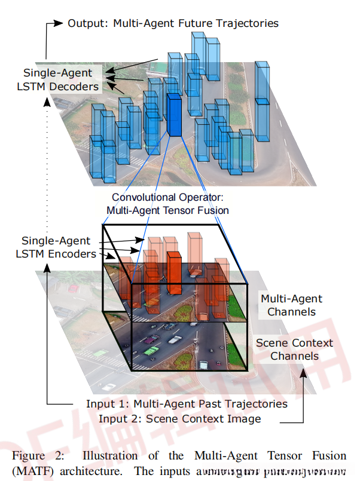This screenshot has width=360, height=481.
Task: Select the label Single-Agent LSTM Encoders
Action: click(56, 247)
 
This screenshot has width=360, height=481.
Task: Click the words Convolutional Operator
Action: click(167, 197)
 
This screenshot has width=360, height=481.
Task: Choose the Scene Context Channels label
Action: click(294, 350)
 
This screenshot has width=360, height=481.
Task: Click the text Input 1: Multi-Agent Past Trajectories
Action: click(187, 404)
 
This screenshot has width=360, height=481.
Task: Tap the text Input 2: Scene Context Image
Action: click(179, 418)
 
